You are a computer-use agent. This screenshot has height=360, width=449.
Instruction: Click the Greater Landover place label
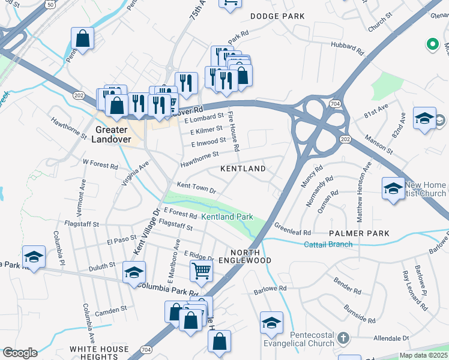tap(111, 134)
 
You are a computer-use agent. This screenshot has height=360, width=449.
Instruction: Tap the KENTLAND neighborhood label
tap(243, 169)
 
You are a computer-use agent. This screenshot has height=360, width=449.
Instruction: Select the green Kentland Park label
tap(227, 217)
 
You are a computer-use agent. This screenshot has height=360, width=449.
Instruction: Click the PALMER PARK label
tap(359, 233)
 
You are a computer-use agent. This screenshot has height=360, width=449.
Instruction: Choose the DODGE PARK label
tap(277, 16)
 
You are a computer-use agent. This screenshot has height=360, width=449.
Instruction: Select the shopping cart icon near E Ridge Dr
tap(201, 270)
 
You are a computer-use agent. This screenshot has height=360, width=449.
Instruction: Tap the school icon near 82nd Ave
tap(424, 118)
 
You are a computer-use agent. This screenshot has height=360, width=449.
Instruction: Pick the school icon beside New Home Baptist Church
tap(393, 188)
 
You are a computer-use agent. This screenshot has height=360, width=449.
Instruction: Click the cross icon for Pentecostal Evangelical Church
tap(344, 338)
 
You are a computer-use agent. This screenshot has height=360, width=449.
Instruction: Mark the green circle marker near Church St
tap(431, 43)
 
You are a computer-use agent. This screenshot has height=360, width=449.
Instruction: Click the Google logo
tap(19, 353)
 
